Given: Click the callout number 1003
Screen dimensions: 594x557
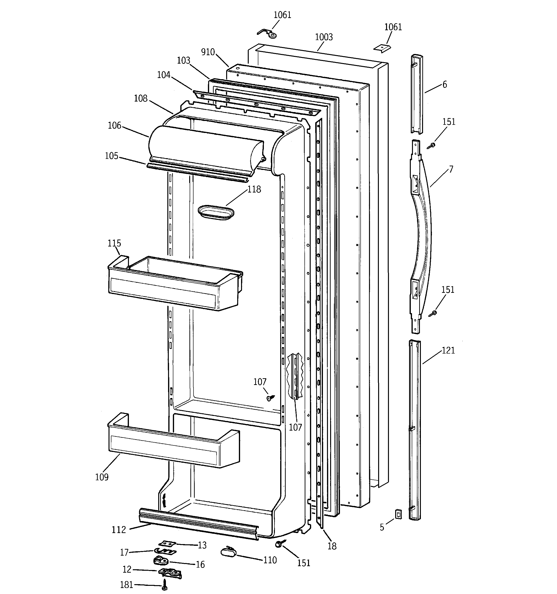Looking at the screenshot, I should pos(324,37).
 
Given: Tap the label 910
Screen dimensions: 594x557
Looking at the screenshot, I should pos(208,52).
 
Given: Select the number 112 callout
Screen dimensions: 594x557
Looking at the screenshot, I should pos(119,530).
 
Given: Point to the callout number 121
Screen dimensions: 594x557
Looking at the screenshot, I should pos(448,350).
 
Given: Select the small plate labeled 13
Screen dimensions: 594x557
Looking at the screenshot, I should pos(167,543).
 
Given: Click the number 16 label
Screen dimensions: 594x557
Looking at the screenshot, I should pos(200,564).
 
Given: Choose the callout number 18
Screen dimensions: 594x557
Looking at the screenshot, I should pos(332,546).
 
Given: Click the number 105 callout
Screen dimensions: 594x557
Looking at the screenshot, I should pos(111,156).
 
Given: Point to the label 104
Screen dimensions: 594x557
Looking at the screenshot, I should pos(163,75).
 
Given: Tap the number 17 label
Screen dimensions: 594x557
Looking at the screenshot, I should pos(124,552).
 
